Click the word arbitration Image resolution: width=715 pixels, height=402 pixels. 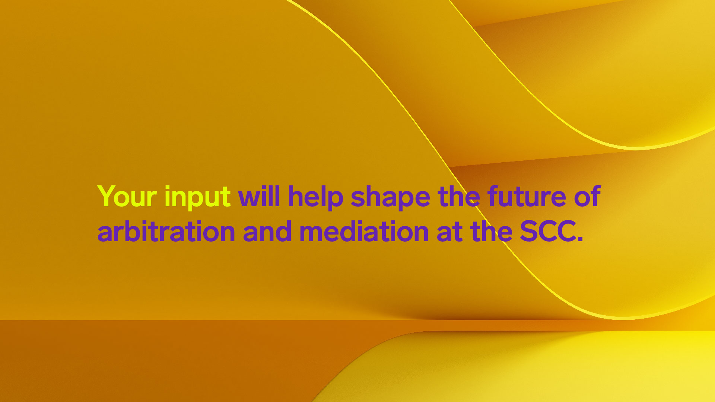click(x=166, y=231)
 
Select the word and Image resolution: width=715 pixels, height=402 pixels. click(x=267, y=231)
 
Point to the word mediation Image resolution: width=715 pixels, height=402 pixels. click(x=364, y=231)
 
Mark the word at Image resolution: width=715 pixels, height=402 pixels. click(x=449, y=232)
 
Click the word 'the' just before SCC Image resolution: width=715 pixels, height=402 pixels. click(x=491, y=231)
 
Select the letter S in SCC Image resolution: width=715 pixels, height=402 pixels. click(x=529, y=231)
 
